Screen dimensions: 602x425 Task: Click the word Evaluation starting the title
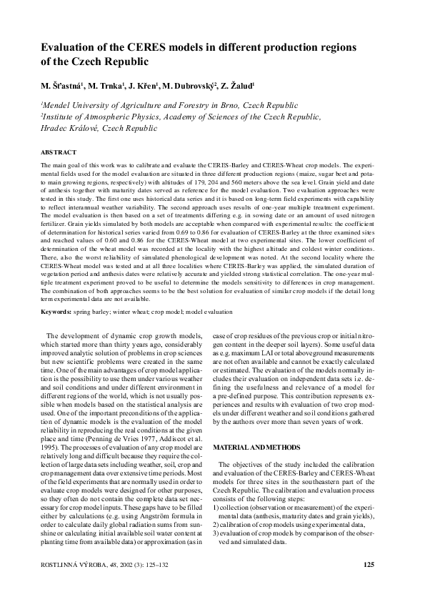pos(71,47)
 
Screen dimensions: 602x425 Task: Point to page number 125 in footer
pos(369,566)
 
